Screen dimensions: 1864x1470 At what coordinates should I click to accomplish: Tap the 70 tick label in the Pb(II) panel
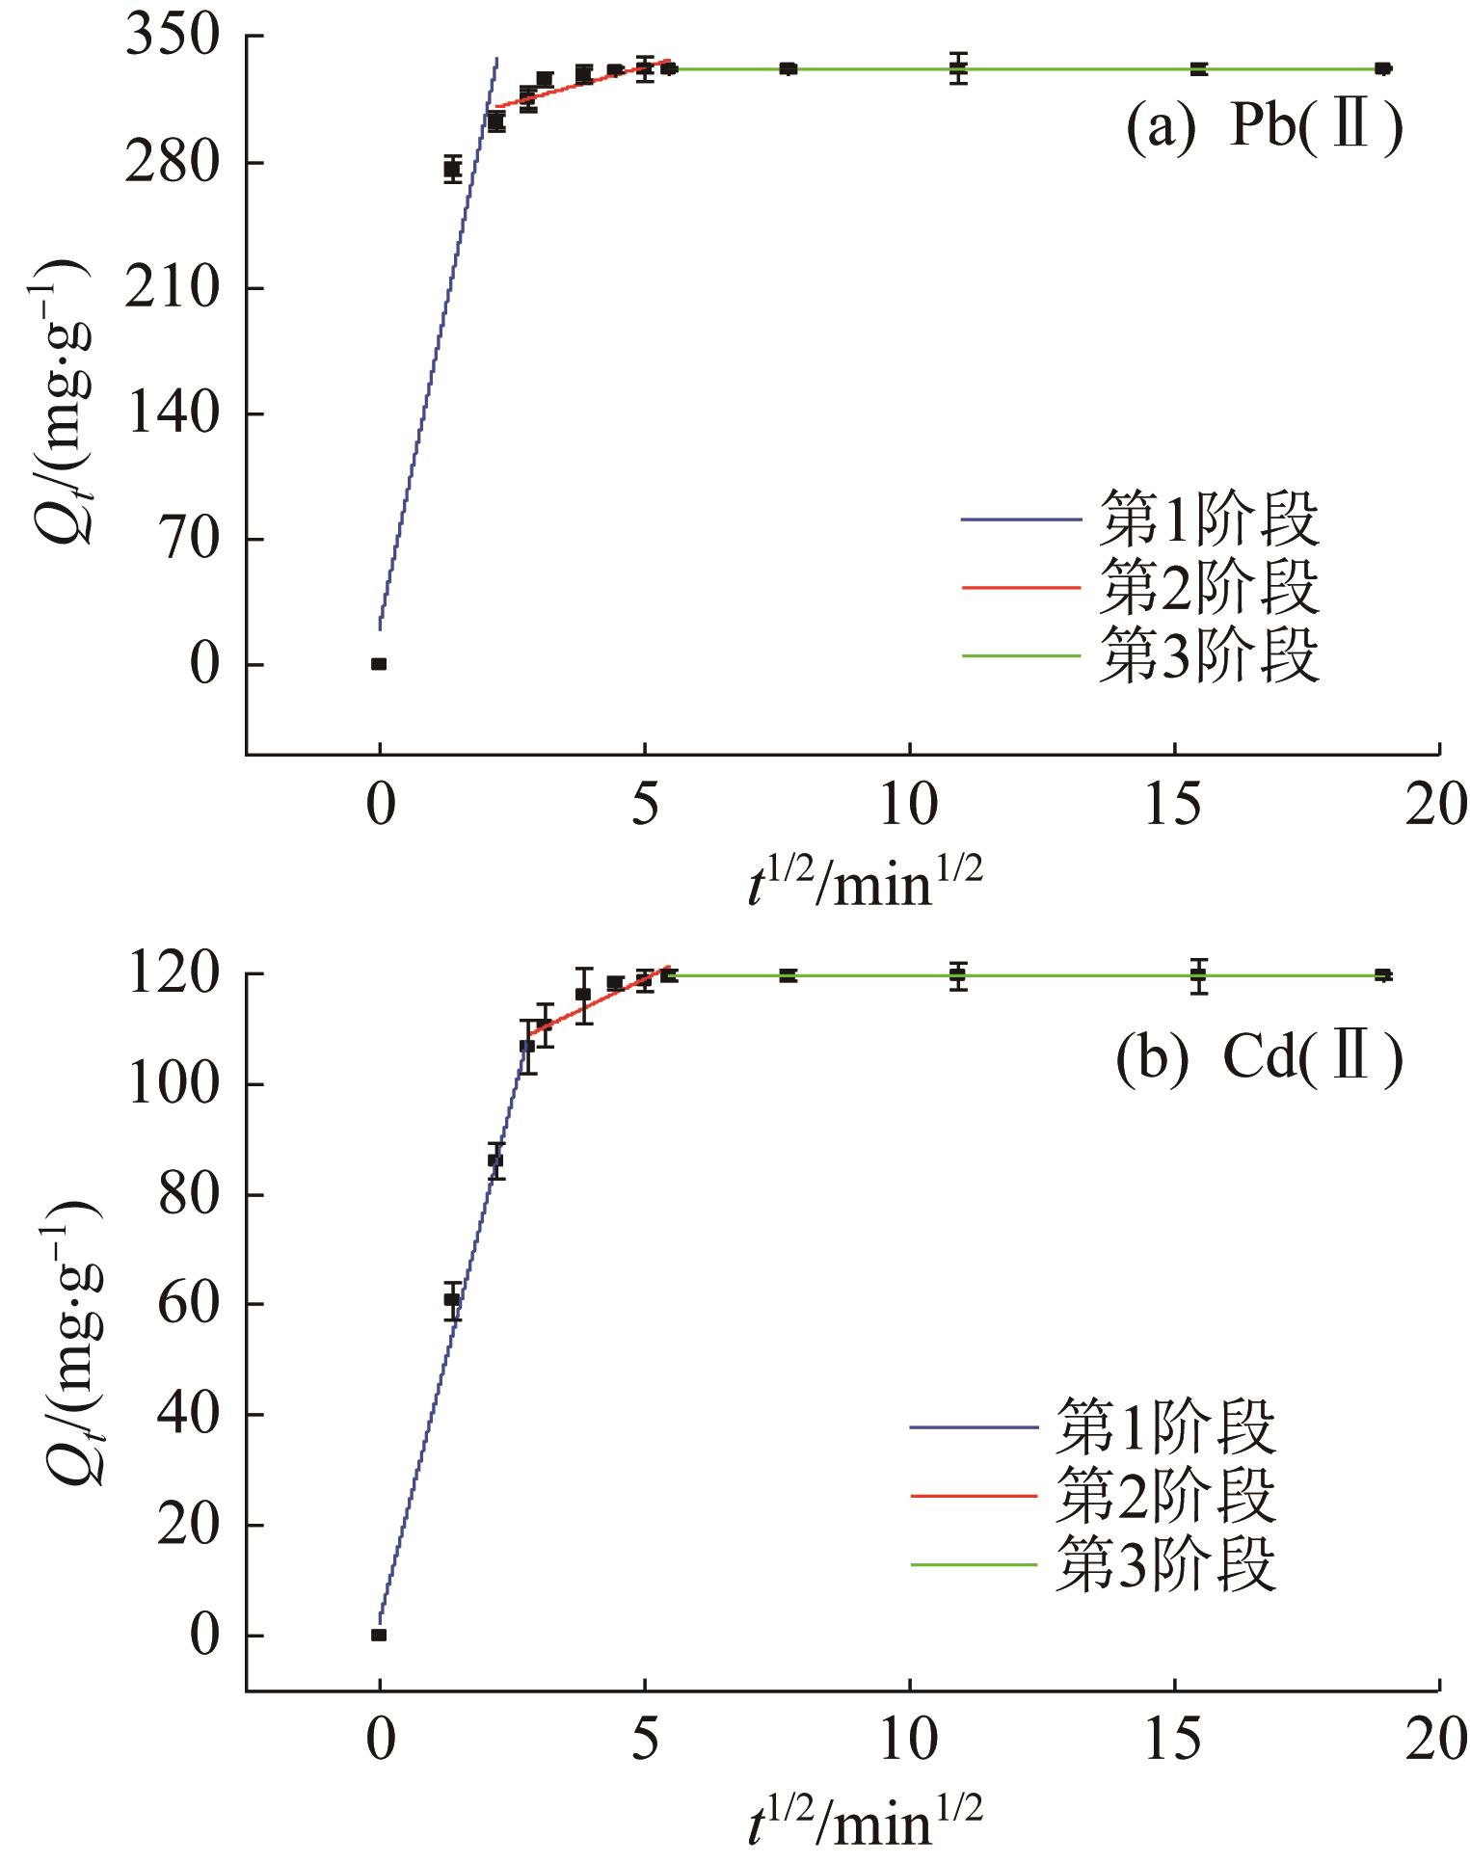pos(189,539)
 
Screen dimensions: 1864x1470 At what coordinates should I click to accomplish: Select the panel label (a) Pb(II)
pos(1264,128)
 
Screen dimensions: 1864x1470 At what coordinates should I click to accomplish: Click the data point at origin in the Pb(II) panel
pos(379,664)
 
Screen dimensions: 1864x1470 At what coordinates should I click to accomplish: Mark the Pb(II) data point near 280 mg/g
pos(452,169)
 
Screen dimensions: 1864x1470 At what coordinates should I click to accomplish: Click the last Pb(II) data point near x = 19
pos(1383,68)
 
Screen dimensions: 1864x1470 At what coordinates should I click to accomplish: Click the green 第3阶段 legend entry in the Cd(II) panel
pos(1094,1564)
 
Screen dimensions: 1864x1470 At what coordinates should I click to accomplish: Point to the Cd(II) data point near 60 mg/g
pos(452,1298)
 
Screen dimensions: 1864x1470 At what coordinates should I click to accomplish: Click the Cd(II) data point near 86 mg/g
pos(495,1159)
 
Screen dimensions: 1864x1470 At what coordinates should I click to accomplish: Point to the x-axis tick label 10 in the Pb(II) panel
pos(909,807)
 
